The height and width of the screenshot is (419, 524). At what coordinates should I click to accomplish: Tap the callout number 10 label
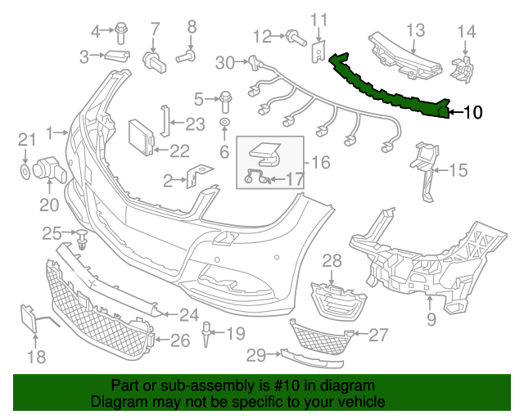(x=473, y=113)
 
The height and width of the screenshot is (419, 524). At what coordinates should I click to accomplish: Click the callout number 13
(x=416, y=30)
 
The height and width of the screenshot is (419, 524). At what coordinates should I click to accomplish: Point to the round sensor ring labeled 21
(x=25, y=172)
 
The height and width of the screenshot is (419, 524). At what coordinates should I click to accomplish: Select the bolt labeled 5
(x=224, y=101)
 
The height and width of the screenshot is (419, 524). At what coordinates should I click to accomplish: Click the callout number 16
(x=320, y=162)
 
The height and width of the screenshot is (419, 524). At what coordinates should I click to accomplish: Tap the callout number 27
(x=378, y=334)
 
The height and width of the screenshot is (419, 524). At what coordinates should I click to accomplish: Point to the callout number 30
(x=224, y=61)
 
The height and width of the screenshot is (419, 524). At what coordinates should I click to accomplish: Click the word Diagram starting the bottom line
(x=115, y=403)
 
